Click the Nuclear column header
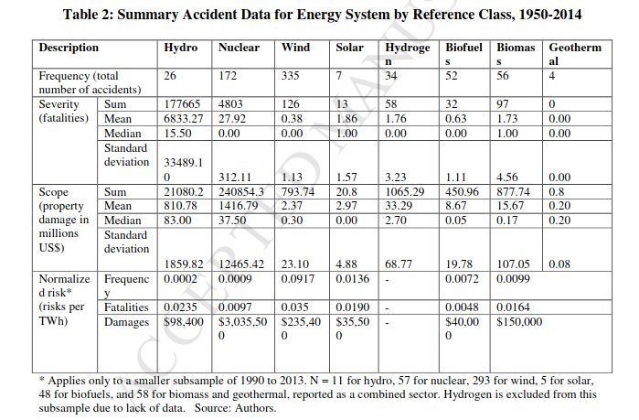coord(239,48)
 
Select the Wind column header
coord(295,48)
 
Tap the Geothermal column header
coord(575,54)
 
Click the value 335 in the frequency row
coord(290,76)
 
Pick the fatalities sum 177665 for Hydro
coord(182,104)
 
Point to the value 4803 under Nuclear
coord(230,104)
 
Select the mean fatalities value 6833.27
coord(184,119)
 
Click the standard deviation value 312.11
coord(235,177)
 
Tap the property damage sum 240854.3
coord(240,191)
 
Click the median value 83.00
coord(177,221)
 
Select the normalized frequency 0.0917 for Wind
coord(297,279)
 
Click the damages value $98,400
coord(184,322)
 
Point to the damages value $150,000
coord(519,322)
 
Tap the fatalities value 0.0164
coord(513,307)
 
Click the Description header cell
coord(69,48)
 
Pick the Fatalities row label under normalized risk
coord(126,307)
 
